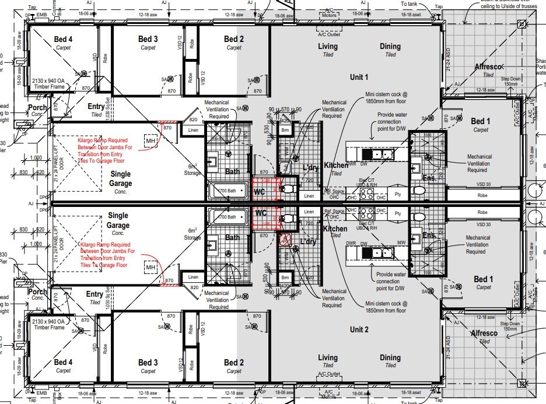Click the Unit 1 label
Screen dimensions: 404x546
(x=358, y=77)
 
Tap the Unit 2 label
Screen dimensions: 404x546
(x=358, y=329)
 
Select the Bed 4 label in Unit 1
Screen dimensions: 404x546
(x=64, y=39)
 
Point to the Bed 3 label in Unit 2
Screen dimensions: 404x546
(x=148, y=363)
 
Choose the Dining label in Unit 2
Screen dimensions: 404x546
(x=390, y=357)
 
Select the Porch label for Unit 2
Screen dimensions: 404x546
(x=37, y=291)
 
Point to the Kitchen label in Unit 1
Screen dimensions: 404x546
(x=336, y=166)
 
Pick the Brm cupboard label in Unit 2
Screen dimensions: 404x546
(x=285, y=278)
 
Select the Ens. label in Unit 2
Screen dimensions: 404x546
(x=429, y=236)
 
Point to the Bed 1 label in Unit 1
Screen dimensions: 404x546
(x=483, y=121)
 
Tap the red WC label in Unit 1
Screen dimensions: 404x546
(x=260, y=191)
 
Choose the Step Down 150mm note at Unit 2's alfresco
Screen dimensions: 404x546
(x=509, y=327)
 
